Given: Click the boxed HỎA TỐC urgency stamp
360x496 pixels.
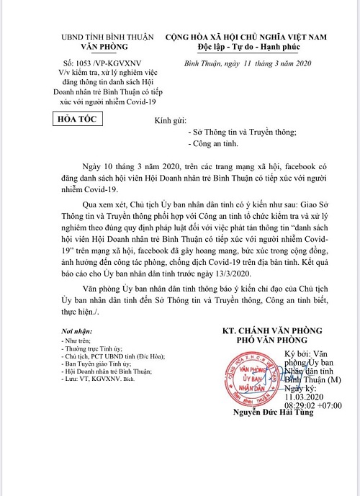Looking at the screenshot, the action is click(x=79, y=120).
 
